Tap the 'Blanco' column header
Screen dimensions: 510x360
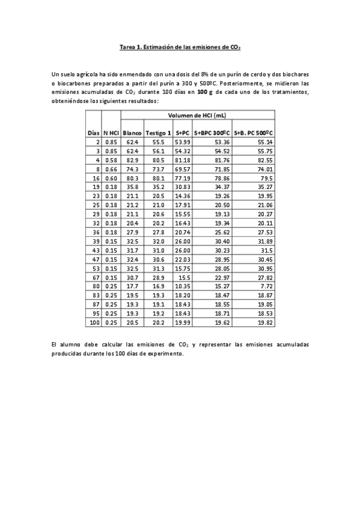[x=132, y=132]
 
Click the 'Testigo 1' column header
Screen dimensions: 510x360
[x=158, y=132]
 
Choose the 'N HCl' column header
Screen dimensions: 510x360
[x=111, y=132]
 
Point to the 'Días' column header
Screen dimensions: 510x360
[x=93, y=132]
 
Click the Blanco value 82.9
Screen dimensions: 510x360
[x=132, y=161]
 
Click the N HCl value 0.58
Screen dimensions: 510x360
[x=111, y=161]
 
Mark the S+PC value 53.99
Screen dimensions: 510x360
[x=183, y=143]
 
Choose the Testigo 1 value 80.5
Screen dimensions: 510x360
[x=158, y=161]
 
